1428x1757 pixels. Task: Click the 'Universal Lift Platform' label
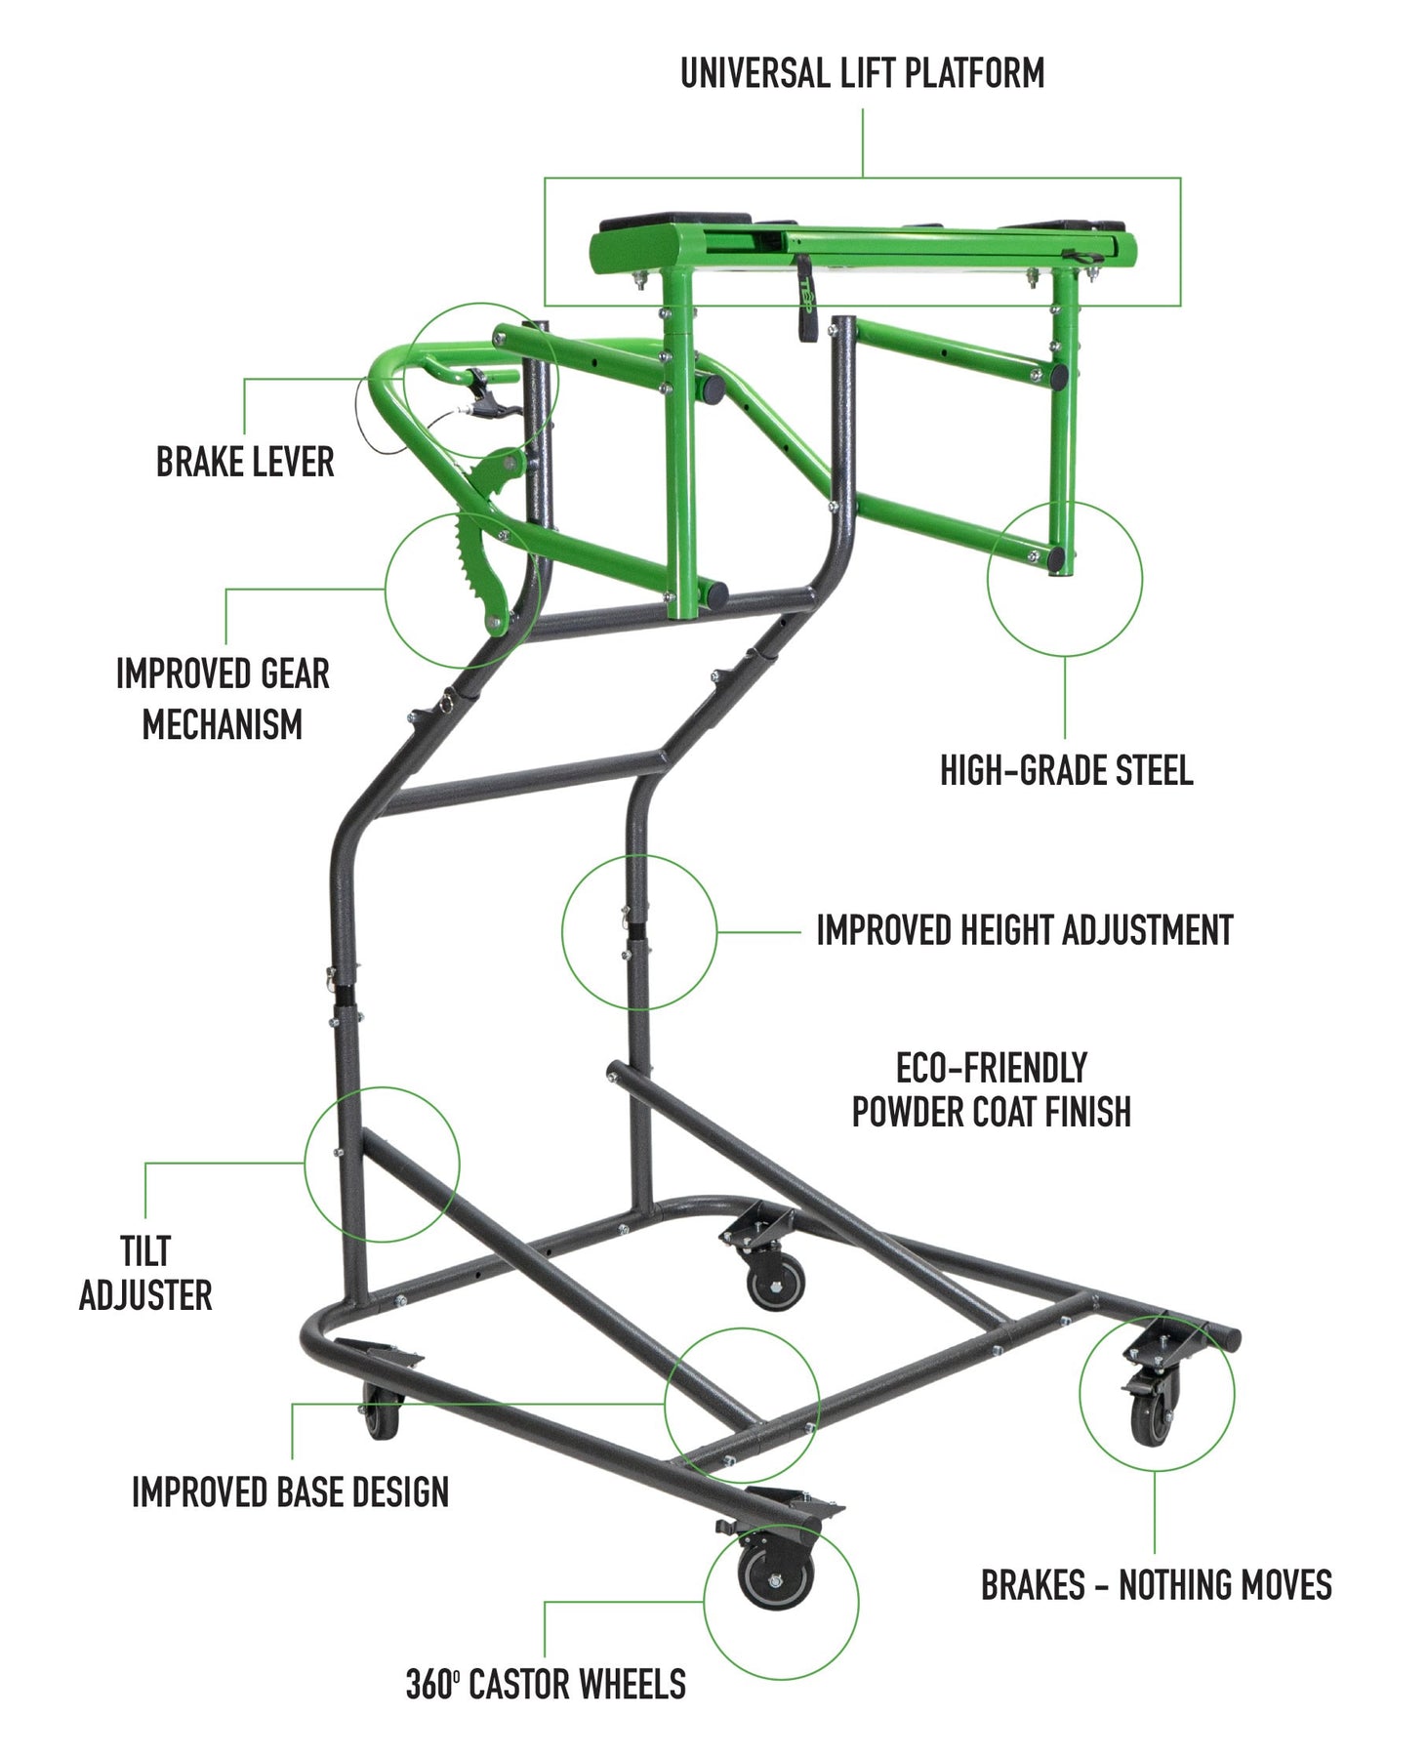pyautogui.click(x=862, y=73)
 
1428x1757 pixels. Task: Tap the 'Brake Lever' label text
pyautogui.click(x=245, y=462)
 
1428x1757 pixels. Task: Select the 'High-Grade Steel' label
pyautogui.click(x=1066, y=770)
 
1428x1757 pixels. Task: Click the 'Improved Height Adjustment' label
pyautogui.click(x=1024, y=930)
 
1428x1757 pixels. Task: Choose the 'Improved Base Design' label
pyautogui.click(x=290, y=1491)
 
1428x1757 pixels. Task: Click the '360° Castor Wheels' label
pyautogui.click(x=546, y=1685)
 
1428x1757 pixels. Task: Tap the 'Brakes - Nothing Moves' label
pyautogui.click(x=1156, y=1585)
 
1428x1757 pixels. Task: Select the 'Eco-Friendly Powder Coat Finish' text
pyautogui.click(x=991, y=1090)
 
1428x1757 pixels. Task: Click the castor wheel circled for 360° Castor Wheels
pyautogui.click(x=775, y=1581)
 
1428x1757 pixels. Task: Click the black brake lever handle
pyautogui.click(x=484, y=395)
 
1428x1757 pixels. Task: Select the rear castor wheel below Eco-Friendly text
pyautogui.click(x=776, y=1281)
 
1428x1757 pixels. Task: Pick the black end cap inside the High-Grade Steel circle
pyautogui.click(x=1056, y=559)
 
